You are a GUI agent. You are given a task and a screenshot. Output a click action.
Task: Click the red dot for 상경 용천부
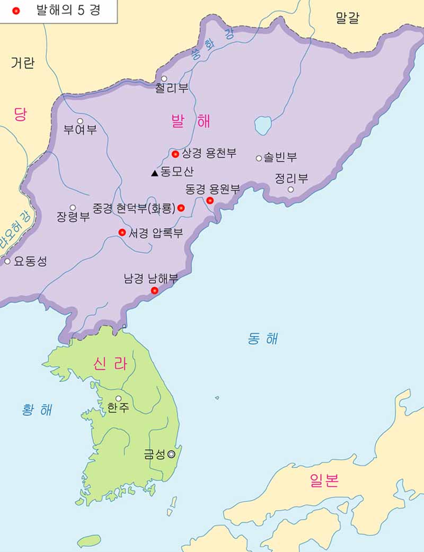175,154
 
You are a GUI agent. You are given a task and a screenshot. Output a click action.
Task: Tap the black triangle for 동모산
154,173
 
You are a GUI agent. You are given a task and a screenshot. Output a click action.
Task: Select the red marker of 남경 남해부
154,290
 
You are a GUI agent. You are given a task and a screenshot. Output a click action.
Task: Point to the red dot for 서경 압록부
122,232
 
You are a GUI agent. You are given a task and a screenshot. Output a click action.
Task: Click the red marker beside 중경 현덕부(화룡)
181,208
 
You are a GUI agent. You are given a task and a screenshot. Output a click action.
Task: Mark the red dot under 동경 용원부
210,200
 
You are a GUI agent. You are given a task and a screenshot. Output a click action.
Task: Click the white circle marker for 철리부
164,79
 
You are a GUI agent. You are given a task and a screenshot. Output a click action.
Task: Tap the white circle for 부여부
80,121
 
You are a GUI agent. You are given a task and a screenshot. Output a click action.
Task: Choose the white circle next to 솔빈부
259,158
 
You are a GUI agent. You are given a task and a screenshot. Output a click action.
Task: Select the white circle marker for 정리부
290,189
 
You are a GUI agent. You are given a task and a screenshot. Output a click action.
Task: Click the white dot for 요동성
7,261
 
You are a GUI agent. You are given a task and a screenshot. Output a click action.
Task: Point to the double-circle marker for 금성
171,454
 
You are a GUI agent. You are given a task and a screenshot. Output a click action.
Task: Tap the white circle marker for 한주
118,398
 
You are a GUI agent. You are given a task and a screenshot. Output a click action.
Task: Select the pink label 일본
324,480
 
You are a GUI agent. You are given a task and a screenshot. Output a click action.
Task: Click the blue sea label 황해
37,409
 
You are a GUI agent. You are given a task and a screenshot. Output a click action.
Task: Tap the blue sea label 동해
263,339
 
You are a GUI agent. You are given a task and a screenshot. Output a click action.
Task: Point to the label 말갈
347,19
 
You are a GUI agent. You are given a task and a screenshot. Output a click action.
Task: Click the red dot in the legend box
16,11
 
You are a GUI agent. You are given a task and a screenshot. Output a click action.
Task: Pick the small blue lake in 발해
263,126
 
